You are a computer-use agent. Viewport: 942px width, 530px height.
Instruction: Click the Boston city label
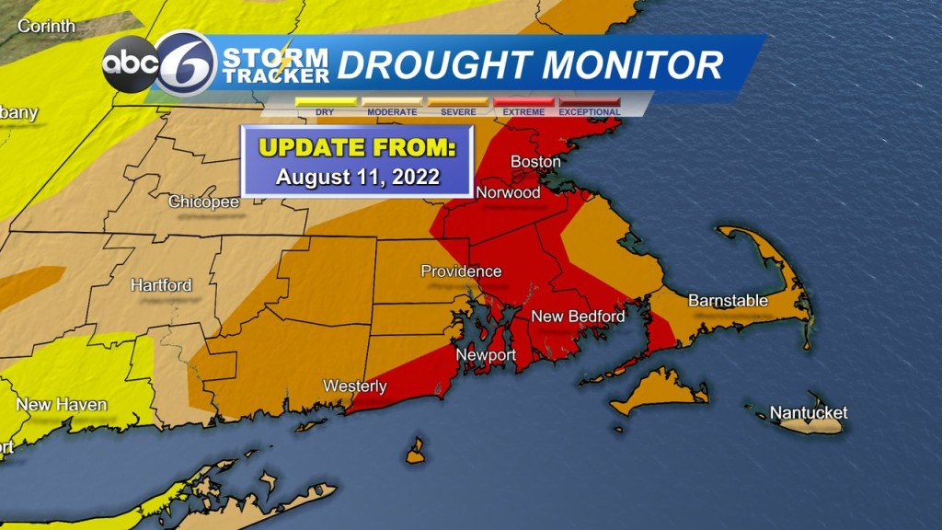click(535, 162)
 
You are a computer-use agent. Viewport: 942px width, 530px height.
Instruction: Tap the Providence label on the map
click(461, 271)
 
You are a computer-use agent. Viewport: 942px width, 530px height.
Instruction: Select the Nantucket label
click(808, 412)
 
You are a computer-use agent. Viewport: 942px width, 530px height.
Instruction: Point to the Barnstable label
click(727, 300)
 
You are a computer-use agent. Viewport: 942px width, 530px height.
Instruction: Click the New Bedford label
click(578, 317)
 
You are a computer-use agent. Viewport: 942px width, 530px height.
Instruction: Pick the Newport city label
click(487, 355)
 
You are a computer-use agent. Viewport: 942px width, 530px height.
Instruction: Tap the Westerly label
click(355, 386)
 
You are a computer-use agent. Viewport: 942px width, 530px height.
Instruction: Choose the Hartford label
click(161, 285)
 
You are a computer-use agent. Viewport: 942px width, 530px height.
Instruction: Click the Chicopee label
click(204, 202)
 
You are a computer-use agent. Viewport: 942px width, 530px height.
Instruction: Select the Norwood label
click(508, 193)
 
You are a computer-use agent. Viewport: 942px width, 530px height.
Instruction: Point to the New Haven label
click(62, 405)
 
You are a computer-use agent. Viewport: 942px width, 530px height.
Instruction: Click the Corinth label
click(46, 26)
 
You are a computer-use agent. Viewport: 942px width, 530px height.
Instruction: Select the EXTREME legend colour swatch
click(524, 101)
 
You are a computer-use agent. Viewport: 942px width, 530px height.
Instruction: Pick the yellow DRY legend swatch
click(325, 101)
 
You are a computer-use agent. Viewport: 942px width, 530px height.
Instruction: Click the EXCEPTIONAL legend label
click(590, 112)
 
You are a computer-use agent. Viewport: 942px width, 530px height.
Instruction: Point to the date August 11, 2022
click(358, 177)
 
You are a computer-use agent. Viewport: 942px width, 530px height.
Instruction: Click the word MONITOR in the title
click(633, 65)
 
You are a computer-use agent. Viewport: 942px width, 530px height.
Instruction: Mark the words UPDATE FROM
click(358, 147)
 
